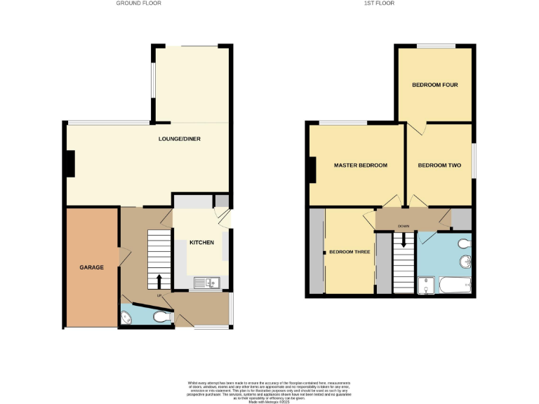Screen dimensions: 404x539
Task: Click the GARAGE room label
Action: tap(91, 268)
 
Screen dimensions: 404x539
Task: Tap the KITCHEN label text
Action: tap(201, 243)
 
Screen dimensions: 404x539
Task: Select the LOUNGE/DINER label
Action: tap(180, 139)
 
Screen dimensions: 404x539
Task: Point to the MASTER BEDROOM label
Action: tap(361, 166)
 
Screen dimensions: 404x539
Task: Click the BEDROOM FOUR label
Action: tap(434, 85)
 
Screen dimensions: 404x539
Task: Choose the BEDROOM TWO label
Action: tap(439, 166)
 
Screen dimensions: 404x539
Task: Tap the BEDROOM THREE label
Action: tap(350, 252)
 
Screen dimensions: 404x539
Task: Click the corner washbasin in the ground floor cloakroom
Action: tap(126, 317)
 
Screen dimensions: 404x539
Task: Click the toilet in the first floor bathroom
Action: tap(464, 244)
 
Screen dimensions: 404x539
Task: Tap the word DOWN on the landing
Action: tap(404, 227)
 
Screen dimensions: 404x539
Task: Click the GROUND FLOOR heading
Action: tap(138, 4)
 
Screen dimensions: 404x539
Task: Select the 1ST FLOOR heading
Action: tap(380, 4)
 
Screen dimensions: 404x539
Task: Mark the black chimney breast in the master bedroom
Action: tap(311, 169)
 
